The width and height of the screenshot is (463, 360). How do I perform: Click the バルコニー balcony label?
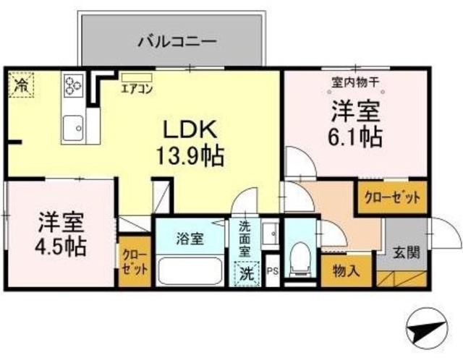click(178, 42)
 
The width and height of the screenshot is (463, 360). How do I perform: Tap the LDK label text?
click(190, 129)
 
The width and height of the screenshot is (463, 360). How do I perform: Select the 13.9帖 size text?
click(190, 156)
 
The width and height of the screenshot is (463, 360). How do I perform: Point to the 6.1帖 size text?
click(355, 137)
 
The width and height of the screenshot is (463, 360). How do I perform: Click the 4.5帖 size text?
click(61, 247)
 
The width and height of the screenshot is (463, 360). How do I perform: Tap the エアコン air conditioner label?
click(137, 89)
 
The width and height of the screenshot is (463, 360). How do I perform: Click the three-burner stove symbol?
click(73, 85)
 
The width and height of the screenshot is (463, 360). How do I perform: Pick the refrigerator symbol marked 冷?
click(21, 84)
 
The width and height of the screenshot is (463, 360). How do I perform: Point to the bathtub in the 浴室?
click(190, 271)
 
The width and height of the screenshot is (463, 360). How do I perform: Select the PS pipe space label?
click(273, 271)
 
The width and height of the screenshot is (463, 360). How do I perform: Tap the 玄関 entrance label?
click(407, 252)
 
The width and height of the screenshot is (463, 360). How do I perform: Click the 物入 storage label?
click(346, 270)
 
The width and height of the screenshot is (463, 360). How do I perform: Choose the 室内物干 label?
click(355, 82)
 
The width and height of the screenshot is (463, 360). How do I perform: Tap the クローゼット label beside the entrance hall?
click(392, 197)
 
